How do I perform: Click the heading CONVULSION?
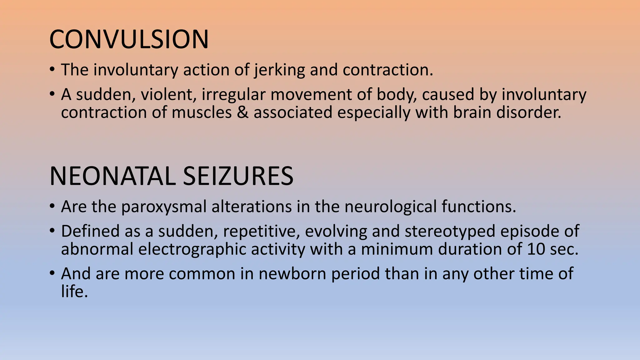click(129, 39)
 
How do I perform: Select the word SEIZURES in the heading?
click(238, 176)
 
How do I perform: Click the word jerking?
click(279, 70)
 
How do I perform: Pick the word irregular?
click(233, 95)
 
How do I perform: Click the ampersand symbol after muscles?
click(242, 112)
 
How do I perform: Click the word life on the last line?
click(74, 292)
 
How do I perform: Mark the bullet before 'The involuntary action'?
click(52, 69)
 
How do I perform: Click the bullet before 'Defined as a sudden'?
click(52, 231)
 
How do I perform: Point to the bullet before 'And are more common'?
click(52, 273)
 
